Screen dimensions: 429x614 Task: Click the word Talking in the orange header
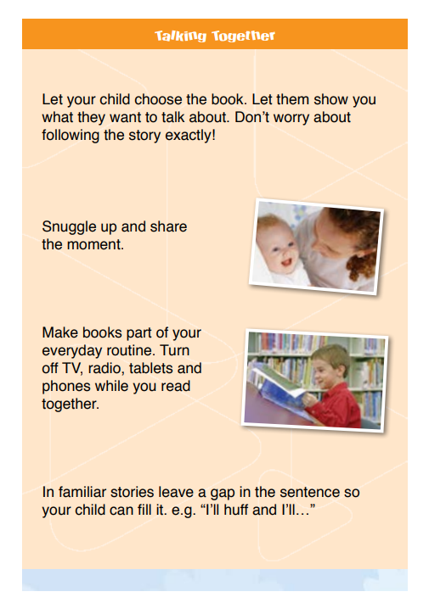[180, 36]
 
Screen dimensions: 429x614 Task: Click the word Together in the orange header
[244, 36]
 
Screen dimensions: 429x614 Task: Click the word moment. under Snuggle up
[95, 244]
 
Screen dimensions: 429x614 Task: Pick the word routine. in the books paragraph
[131, 350]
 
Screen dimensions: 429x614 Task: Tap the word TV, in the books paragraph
[72, 368]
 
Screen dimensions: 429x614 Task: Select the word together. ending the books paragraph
[71, 405]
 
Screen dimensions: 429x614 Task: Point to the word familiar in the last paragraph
[82, 492]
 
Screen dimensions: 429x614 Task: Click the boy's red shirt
[337, 407]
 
